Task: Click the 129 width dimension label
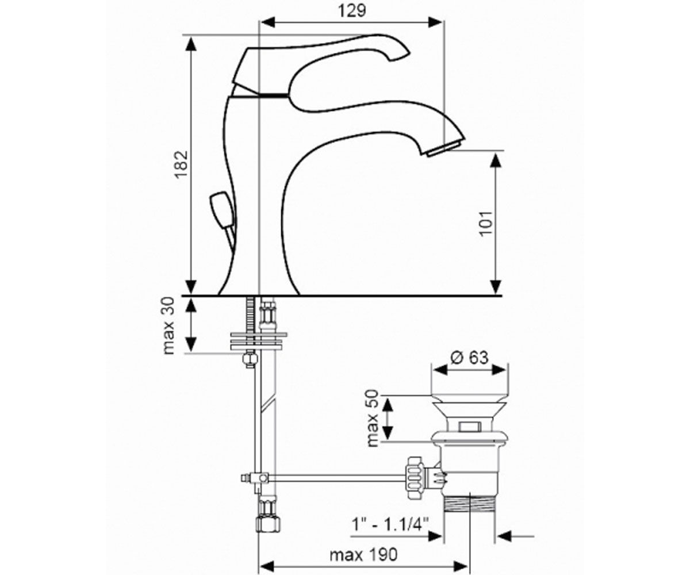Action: point(352,10)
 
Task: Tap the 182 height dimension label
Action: point(181,164)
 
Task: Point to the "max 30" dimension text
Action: point(168,325)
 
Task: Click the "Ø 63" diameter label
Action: point(469,357)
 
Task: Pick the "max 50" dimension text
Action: point(373,418)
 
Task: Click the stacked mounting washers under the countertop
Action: point(258,340)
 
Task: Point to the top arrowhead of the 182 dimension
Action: point(191,44)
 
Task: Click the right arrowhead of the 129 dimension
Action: point(435,22)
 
